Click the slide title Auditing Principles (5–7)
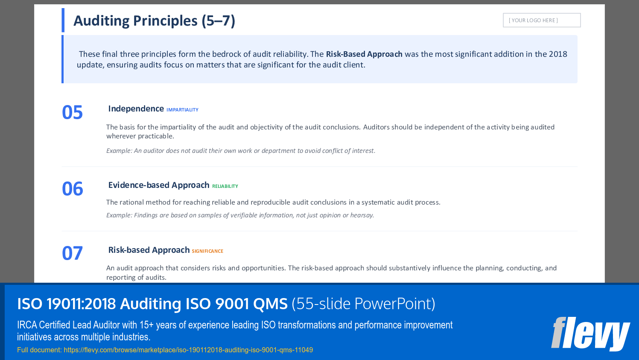tap(154, 20)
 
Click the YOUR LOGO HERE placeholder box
tap(541, 20)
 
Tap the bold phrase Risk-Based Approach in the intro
tap(364, 54)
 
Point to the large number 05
tap(72, 112)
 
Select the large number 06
tap(72, 189)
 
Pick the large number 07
tap(72, 253)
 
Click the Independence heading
tap(136, 109)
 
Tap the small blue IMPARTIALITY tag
tap(182, 110)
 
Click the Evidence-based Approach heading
tap(158, 185)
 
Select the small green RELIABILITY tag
tap(225, 187)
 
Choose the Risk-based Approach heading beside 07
tap(149, 250)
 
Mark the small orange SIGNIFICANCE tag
tap(207, 252)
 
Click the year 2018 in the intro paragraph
tap(558, 54)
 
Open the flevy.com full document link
tap(188, 350)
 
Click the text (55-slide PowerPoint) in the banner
tap(363, 304)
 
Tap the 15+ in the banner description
tap(146, 325)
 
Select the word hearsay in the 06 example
tap(362, 215)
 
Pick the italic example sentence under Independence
tap(241, 151)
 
